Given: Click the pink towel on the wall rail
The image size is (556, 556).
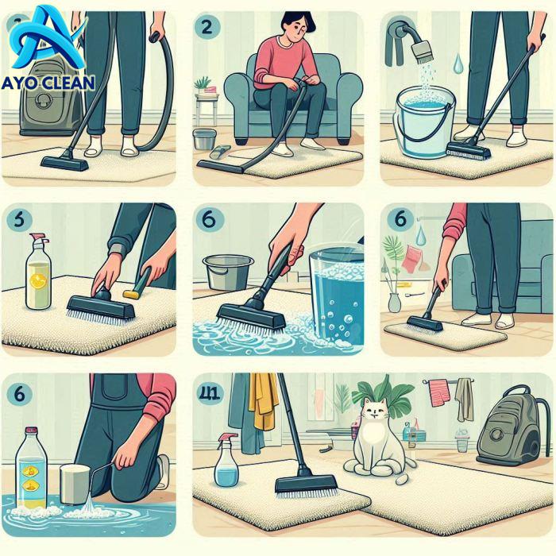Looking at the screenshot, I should pyautogui.click(x=438, y=392).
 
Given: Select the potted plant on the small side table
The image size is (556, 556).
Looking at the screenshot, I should pyautogui.click(x=204, y=85).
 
